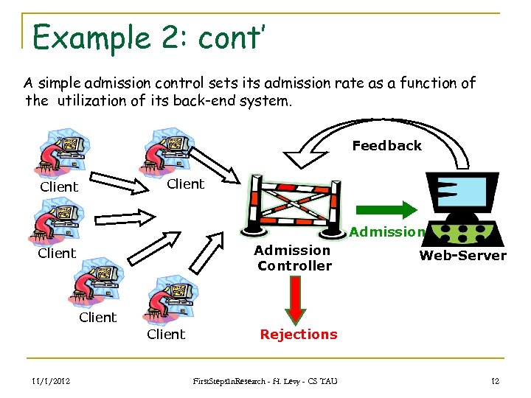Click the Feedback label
tap(386, 146)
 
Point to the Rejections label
tap(299, 335)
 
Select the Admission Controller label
tap(294, 258)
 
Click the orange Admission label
tap(387, 232)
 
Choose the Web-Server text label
tap(462, 256)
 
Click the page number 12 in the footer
tap(495, 380)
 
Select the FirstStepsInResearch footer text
tap(265, 380)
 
